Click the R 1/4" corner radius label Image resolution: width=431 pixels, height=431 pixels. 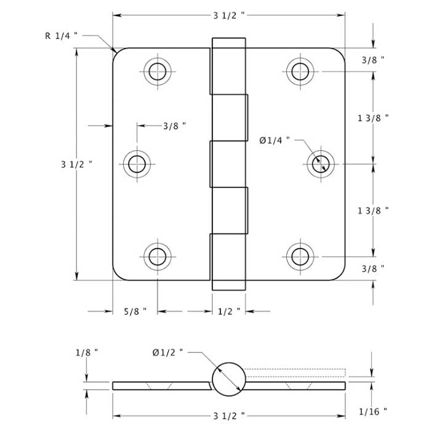tap(62, 36)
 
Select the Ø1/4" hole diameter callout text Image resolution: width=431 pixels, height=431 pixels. tap(274, 141)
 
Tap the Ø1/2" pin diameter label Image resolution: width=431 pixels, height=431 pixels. tap(168, 353)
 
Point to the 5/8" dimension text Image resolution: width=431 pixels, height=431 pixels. tap(135, 312)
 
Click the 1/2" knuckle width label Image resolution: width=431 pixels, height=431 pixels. tap(229, 312)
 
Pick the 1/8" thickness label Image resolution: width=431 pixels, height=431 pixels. tap(86, 353)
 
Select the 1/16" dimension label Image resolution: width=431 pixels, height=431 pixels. tap(373, 411)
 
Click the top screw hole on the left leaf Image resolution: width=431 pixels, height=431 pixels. tap(157, 71)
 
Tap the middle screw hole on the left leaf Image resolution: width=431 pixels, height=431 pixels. tap(137, 164)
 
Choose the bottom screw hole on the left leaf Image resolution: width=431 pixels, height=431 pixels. tap(157, 256)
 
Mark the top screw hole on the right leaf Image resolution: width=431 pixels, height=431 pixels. tap(300, 71)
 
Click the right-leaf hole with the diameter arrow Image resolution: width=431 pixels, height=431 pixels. tap(321, 164)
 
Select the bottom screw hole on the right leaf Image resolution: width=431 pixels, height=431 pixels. tap(300, 256)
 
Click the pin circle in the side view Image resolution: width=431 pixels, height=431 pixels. tap(228, 378)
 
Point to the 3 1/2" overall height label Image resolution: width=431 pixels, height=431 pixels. tap(76, 164)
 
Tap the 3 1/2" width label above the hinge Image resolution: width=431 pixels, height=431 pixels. tap(228, 15)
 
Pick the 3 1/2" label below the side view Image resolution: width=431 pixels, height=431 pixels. tap(228, 416)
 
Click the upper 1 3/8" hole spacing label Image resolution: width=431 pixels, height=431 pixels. tap(373, 118)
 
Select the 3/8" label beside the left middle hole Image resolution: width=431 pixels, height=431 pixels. tap(174, 126)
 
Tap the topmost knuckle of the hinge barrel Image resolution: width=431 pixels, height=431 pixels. tap(228, 66)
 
